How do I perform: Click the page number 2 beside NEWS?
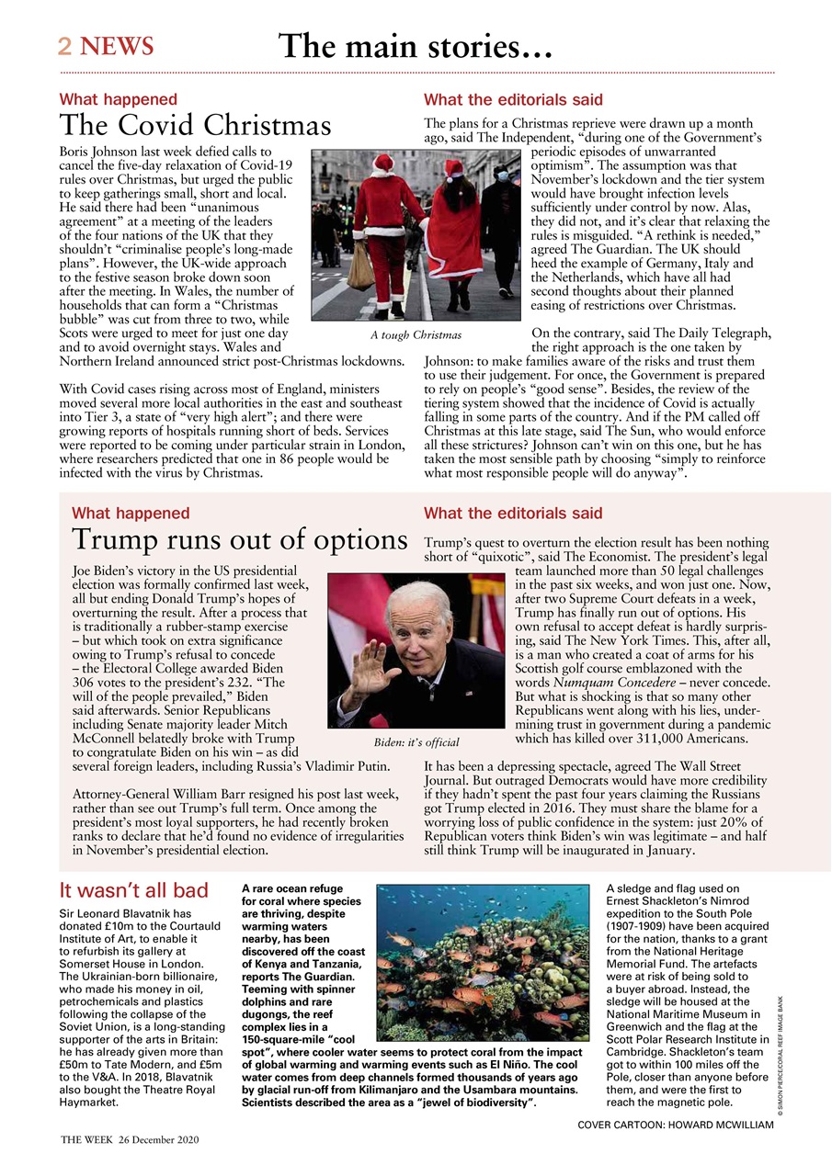pyautogui.click(x=65, y=46)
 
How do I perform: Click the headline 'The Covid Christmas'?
pyautogui.click(x=195, y=125)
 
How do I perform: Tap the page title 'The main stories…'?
pyautogui.click(x=416, y=45)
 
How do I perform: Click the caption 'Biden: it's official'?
pyautogui.click(x=416, y=741)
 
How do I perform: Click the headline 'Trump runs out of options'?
pyautogui.click(x=239, y=539)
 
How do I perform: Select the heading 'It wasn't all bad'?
pyautogui.click(x=133, y=890)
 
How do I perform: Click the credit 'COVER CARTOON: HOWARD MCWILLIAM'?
pyautogui.click(x=675, y=1125)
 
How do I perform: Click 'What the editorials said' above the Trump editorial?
pyautogui.click(x=513, y=514)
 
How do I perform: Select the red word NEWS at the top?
pyautogui.click(x=117, y=46)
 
